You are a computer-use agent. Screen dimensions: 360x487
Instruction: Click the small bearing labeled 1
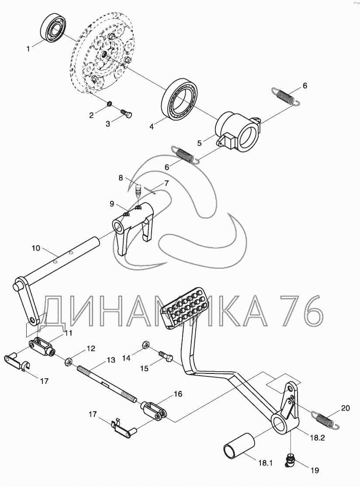coord(53,29)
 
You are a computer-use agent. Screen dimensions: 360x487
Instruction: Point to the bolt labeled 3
coord(127,114)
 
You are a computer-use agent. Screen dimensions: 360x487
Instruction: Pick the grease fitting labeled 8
coord(138,191)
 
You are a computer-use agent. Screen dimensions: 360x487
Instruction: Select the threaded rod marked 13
coord(107,383)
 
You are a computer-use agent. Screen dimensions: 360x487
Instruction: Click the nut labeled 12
coord(69,361)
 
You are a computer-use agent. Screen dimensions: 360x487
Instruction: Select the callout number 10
coord(36,248)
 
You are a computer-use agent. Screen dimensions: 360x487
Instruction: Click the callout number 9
coord(112,204)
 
